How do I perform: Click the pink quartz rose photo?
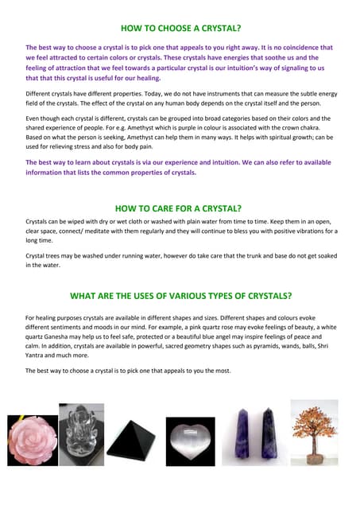click(31, 440)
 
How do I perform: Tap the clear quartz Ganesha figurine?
click(81, 437)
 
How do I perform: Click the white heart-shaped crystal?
click(189, 440)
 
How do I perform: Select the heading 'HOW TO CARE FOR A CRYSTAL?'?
click(180, 209)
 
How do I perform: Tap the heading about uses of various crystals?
click(180, 296)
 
